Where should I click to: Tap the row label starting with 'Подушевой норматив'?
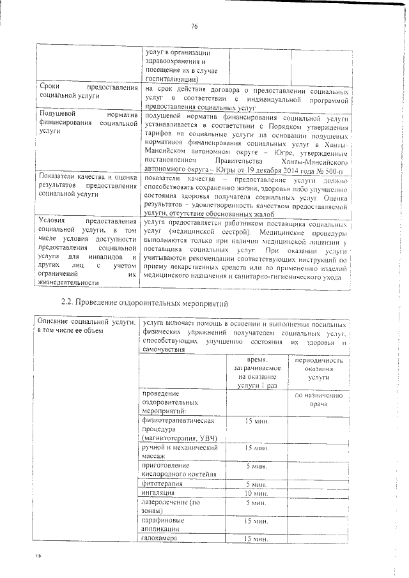click(88, 121)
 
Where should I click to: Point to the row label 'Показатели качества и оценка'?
click(88, 185)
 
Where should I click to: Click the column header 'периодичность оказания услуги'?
click(318, 369)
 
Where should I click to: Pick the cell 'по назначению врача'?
click(318, 400)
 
